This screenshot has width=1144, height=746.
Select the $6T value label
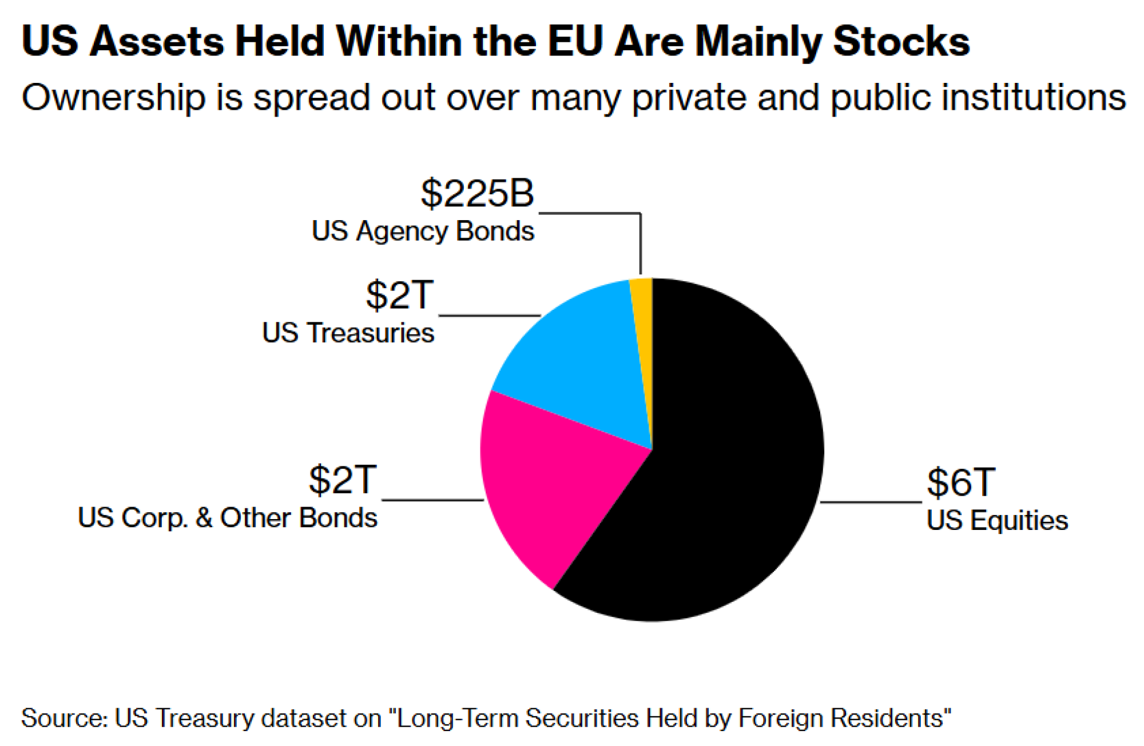coord(961,482)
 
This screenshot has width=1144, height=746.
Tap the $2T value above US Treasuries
coord(400,295)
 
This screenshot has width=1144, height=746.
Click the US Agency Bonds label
coord(423,232)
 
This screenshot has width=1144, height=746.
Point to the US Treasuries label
coord(348,333)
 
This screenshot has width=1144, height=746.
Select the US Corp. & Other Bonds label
coord(228,518)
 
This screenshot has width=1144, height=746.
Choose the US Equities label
coord(997,521)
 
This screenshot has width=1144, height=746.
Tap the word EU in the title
coord(575,41)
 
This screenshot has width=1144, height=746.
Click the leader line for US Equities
coord(871,502)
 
